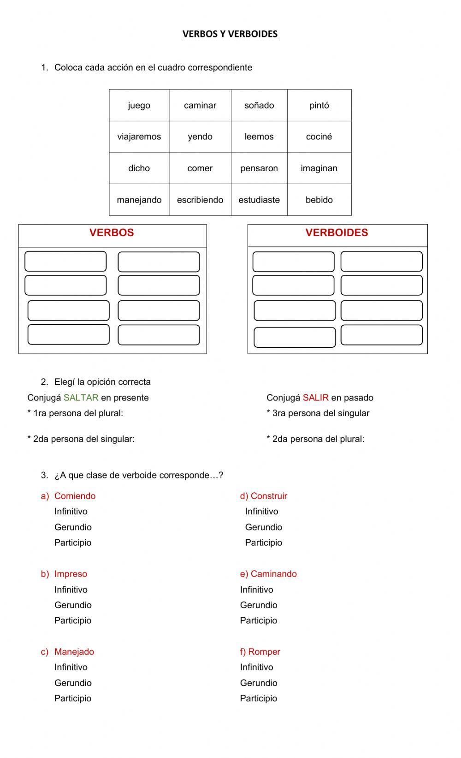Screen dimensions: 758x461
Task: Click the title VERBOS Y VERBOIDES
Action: click(x=230, y=34)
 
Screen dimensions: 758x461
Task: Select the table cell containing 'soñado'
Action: click(x=259, y=105)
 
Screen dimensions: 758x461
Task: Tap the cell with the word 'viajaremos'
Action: click(x=139, y=137)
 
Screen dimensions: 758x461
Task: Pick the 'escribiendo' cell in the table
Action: click(x=200, y=200)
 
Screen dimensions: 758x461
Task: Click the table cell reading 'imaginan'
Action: click(x=319, y=168)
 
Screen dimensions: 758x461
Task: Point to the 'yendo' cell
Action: click(x=200, y=137)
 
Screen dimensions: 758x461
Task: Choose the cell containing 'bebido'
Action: click(x=319, y=200)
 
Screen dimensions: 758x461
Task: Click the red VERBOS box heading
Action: click(x=112, y=233)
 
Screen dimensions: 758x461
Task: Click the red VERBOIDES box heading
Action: click(x=337, y=233)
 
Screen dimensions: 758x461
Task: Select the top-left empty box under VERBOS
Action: click(x=65, y=261)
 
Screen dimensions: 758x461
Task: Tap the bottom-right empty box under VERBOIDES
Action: click(x=381, y=335)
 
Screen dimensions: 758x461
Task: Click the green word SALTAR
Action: click(x=81, y=398)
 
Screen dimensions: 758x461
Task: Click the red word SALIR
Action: click(x=315, y=398)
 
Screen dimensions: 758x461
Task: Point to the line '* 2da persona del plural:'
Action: click(x=315, y=439)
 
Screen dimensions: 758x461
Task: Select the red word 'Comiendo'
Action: click(x=75, y=496)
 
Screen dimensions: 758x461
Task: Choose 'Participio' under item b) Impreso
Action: click(x=73, y=621)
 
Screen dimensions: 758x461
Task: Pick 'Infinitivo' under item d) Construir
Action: click(x=261, y=511)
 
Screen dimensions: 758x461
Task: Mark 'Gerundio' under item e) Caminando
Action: click(x=258, y=605)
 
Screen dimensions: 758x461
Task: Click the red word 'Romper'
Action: click(x=264, y=652)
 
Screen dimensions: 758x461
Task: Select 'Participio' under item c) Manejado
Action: click(x=73, y=698)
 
